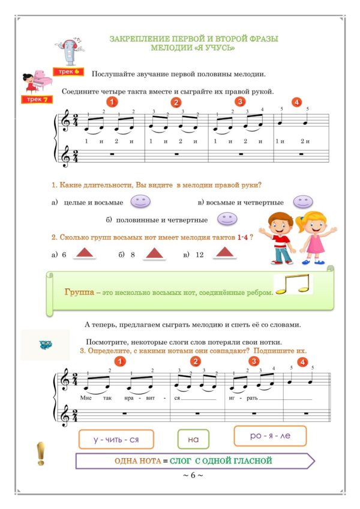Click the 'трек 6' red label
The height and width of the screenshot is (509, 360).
[70, 71]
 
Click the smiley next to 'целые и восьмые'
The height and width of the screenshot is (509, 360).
[140, 202]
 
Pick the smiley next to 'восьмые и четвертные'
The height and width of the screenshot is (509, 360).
[305, 202]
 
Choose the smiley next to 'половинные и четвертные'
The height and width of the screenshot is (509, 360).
[226, 219]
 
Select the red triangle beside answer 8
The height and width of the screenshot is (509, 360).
[154, 254]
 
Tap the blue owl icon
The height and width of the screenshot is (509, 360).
[45, 345]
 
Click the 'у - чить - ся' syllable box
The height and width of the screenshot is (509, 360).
[116, 439]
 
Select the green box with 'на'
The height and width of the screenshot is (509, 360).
[193, 439]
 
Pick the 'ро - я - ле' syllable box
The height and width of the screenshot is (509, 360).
[270, 436]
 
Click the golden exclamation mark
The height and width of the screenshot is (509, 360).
[41, 453]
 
